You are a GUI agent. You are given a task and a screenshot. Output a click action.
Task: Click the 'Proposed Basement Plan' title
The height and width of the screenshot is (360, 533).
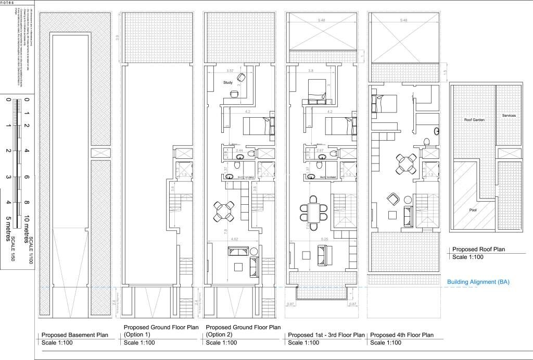tap(74, 335)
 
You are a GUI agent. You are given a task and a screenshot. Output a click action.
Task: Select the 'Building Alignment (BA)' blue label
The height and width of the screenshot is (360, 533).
tap(478, 282)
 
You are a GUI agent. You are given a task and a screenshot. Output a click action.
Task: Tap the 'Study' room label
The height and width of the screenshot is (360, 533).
tap(228, 82)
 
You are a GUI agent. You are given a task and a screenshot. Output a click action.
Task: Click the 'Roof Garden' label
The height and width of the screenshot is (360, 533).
tap(474, 119)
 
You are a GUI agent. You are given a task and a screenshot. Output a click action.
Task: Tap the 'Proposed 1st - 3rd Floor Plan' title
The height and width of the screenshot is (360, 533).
tap(326, 335)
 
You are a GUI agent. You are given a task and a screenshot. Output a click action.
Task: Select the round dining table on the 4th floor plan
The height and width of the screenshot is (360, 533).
tap(404, 165)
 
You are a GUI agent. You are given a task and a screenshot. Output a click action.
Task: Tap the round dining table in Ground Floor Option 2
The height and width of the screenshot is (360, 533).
tap(224, 211)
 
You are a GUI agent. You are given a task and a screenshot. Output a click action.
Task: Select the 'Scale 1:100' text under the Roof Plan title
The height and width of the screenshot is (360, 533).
tap(467, 257)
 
